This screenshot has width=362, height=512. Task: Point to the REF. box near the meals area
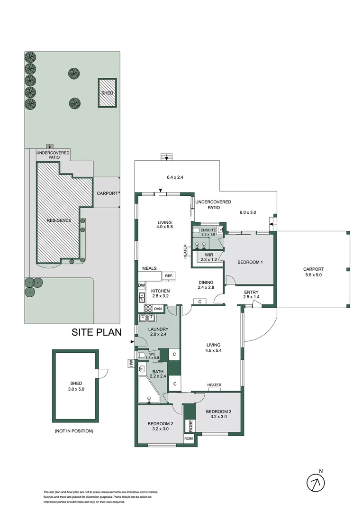[x=169, y=276]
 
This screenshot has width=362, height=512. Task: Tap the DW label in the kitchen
[x=141, y=285]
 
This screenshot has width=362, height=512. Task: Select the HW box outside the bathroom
[x=129, y=364]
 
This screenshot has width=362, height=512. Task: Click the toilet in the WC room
[x=141, y=355]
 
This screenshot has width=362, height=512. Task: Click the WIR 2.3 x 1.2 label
[x=208, y=257]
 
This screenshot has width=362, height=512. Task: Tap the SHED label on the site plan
[x=108, y=93]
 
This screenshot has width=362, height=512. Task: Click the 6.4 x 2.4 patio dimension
[x=175, y=177]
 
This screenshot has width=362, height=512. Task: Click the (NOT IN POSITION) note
[x=74, y=431]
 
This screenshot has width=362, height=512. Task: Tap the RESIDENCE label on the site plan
[x=59, y=220]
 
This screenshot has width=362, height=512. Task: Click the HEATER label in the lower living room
[x=214, y=385]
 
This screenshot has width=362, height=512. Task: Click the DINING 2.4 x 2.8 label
[x=207, y=285]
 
